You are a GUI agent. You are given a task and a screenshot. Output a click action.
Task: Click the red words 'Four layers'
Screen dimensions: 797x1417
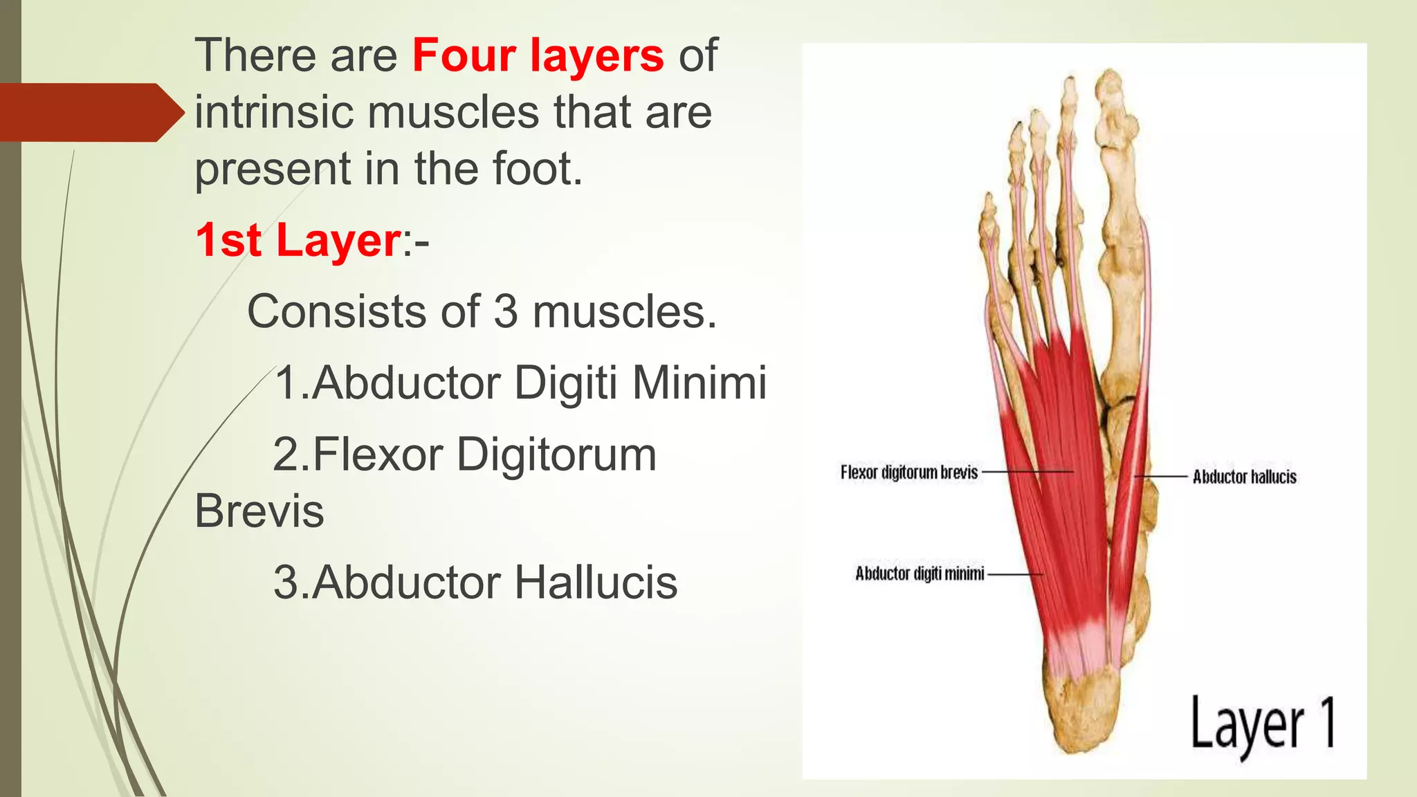tap(538, 55)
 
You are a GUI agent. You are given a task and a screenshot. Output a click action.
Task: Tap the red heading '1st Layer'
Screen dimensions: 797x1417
tap(298, 241)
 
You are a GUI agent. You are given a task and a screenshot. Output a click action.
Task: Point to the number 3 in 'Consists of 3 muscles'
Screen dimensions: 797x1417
tap(505, 312)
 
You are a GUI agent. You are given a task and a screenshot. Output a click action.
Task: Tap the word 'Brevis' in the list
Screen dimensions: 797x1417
tap(259, 512)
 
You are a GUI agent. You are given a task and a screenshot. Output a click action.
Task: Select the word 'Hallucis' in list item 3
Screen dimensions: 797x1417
tap(596, 583)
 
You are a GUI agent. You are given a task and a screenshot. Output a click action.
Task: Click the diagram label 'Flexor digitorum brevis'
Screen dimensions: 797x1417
tap(909, 473)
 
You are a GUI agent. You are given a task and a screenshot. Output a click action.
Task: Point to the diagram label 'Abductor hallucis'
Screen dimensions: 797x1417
tap(1244, 477)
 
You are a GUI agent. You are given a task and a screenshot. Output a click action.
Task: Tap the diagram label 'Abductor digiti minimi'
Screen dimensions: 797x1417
tap(920, 574)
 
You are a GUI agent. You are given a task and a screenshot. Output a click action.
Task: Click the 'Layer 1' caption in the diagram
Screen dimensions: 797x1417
tap(1262, 725)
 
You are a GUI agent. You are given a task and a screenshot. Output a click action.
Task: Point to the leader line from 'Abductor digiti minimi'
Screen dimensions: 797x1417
tap(1015, 574)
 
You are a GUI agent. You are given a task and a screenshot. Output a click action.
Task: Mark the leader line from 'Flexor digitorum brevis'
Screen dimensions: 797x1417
tap(1027, 472)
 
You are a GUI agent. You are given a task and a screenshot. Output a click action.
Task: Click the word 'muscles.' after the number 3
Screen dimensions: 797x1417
tap(624, 312)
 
